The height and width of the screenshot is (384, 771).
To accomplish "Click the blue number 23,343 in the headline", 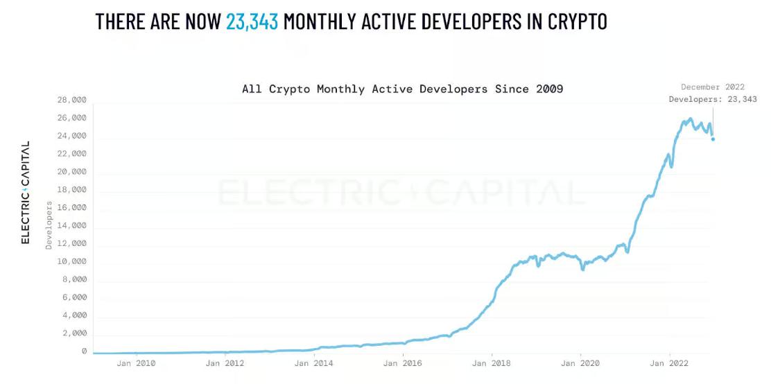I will pos(252,21).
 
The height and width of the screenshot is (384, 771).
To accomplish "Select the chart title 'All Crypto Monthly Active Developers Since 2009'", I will pos(402,89).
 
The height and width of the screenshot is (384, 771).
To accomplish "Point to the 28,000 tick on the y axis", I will pos(72,100).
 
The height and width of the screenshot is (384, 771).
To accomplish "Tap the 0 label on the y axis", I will pos(84,351).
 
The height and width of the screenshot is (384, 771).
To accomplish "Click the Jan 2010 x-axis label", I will pos(137,363).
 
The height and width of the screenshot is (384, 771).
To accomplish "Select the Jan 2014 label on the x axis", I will pos(314,363).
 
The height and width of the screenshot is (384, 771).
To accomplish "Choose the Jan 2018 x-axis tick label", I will pos(492,363).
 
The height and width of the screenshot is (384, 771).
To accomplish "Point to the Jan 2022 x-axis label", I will pos(669,363).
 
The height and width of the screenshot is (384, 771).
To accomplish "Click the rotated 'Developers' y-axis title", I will pos(49,225).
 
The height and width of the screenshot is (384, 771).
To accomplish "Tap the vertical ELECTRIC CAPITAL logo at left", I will pos(26,193).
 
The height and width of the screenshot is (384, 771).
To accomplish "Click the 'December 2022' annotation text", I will pos(713,87).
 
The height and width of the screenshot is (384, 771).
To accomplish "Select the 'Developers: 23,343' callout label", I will pos(713,99).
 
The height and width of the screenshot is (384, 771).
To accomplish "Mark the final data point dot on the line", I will pos(713,139).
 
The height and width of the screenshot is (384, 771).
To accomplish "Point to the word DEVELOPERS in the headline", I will pos(439,21).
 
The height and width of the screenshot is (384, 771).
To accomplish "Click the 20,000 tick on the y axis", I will pos(72,171).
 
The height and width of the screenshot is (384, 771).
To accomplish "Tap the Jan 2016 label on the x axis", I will pos(403,363).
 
